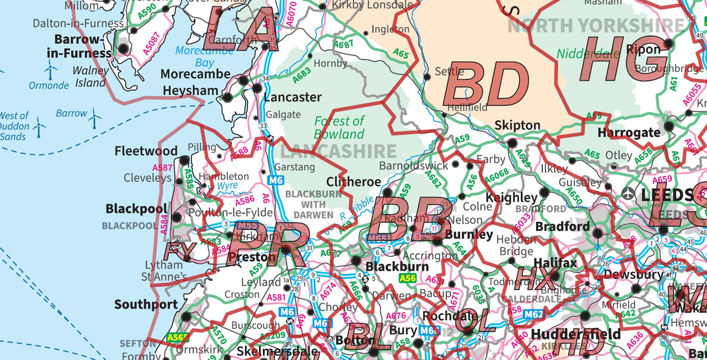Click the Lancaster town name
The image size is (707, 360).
coord(292,98)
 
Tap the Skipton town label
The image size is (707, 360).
coord(517,125)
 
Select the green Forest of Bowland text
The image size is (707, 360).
coord(339,128)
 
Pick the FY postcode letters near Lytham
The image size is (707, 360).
coord(179,249)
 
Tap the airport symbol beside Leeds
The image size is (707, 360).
coord(628,193)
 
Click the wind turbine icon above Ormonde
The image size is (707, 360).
coord(49,71)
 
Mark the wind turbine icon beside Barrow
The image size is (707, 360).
coord(95,117)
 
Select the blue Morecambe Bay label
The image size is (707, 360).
coord(197,57)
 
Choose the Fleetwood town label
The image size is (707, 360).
coord(146,152)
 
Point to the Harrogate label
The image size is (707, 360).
coord(629,133)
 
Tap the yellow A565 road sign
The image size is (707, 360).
coord(178,337)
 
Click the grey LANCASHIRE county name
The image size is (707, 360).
coord(337,152)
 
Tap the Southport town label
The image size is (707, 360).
coord(146,304)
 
